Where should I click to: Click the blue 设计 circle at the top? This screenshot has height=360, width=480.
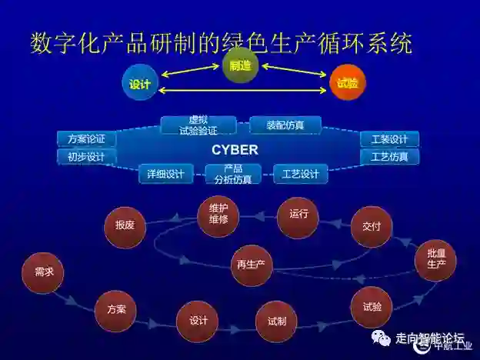point(140,84)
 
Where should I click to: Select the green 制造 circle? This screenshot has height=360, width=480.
point(240,66)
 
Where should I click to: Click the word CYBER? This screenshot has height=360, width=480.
point(235,150)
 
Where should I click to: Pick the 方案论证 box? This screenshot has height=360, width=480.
point(86,139)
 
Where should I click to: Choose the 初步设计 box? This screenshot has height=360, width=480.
point(86,157)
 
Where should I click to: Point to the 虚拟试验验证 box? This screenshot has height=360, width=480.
point(198,125)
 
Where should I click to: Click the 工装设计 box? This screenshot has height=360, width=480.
point(389,139)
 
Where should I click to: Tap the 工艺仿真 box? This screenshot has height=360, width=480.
point(389,157)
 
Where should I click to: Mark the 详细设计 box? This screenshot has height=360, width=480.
point(166,174)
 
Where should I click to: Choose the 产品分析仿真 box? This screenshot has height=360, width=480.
point(233,174)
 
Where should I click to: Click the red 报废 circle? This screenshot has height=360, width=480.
point(125,225)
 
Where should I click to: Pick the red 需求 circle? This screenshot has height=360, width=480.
point(43,272)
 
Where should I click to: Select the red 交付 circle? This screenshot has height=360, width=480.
point(372,227)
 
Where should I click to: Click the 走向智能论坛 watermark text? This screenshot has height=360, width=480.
point(429,338)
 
